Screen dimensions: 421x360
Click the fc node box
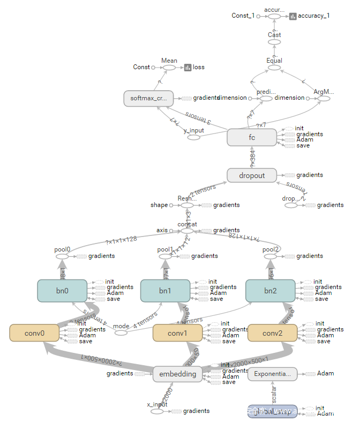point(252,137)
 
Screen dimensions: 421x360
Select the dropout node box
point(252,175)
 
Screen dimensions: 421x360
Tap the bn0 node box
point(62,290)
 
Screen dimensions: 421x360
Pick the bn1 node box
point(165,290)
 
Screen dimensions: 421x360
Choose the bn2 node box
point(271,290)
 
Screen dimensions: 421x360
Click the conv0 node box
point(34,333)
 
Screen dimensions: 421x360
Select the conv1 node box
point(178,333)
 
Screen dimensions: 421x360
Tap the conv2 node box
point(273,333)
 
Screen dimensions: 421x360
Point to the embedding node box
point(178,374)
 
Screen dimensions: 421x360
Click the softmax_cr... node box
point(149,98)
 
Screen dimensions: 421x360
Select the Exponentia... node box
point(273,374)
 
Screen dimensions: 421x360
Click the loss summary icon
point(188,68)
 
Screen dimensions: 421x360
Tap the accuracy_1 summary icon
point(293,16)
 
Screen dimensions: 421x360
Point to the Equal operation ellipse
point(274,68)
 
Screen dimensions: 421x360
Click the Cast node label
point(274,35)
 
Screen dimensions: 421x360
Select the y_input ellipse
point(193,137)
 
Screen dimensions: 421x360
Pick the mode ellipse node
point(121,333)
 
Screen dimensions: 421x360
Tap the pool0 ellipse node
point(62,256)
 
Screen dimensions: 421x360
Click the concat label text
point(187,224)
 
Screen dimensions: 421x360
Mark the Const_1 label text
point(243,16)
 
